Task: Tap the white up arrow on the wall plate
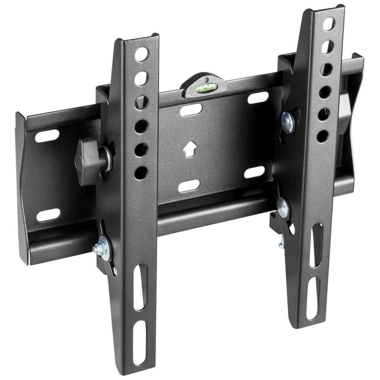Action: (189, 149)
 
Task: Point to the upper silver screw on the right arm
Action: (288, 122)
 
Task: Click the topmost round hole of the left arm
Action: (141, 54)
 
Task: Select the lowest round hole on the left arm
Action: (141, 173)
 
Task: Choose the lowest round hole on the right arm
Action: (322, 136)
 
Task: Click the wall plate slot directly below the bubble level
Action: (191, 110)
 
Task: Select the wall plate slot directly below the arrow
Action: (189, 186)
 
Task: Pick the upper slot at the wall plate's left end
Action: (47, 136)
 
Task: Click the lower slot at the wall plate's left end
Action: (48, 215)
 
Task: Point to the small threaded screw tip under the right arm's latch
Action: (281, 241)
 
